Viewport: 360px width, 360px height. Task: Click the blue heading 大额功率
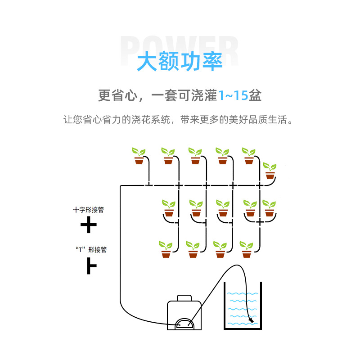tap(180, 61)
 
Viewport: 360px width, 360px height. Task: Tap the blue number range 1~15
tap(233, 95)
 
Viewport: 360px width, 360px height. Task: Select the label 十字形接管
tap(88, 210)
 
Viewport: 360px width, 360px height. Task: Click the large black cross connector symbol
tap(89, 225)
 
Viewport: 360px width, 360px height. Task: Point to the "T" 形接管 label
tap(91, 250)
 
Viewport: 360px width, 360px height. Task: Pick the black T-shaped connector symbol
tap(91, 266)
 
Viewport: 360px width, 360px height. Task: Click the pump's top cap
tap(184, 298)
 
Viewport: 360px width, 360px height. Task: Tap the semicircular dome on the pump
tap(184, 324)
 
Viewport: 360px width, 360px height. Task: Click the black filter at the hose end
tap(252, 320)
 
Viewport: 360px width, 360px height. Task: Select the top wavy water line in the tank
tap(243, 293)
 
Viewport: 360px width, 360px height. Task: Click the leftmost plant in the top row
tap(139, 156)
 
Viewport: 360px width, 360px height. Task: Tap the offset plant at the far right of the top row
tap(270, 171)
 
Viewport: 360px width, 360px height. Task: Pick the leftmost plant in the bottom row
tap(166, 249)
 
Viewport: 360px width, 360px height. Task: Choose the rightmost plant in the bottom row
tap(246, 249)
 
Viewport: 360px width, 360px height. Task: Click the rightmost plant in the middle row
tap(269, 208)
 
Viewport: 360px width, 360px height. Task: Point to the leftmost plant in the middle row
tap(169, 208)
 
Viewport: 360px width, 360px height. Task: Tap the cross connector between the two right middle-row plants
tap(260, 222)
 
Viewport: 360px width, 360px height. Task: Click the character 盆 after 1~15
tap(255, 95)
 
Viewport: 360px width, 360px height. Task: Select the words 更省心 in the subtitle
tap(118, 95)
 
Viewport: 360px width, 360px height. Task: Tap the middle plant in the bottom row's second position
tap(193, 249)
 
